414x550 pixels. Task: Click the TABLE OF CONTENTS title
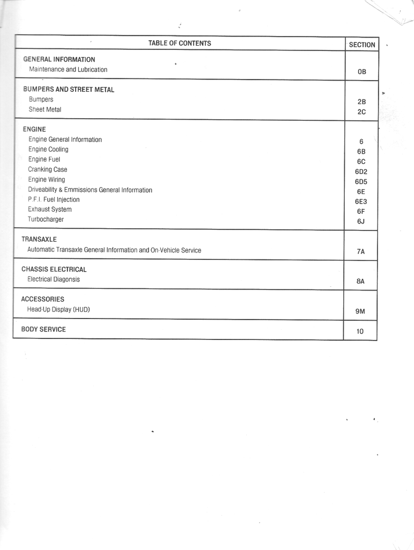click(x=180, y=44)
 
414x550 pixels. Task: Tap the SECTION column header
click(x=362, y=45)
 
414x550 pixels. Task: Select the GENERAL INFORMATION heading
click(x=60, y=60)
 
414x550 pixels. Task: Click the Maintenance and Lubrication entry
click(x=68, y=70)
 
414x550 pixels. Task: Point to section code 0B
click(x=361, y=71)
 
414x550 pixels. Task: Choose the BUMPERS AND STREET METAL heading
click(x=69, y=90)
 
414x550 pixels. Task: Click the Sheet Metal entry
click(x=45, y=110)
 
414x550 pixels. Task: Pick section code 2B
click(x=361, y=101)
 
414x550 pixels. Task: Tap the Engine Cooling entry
click(x=48, y=149)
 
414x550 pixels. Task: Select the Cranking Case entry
click(x=48, y=170)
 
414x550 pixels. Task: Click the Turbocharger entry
click(x=46, y=220)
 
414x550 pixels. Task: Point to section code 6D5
click(x=361, y=182)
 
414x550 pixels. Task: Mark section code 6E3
click(x=361, y=201)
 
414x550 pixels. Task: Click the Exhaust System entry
click(x=50, y=209)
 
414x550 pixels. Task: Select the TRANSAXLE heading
click(x=39, y=240)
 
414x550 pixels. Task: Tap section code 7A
click(x=360, y=251)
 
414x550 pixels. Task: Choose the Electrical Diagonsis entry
click(x=54, y=280)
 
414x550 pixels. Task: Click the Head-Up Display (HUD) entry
click(x=58, y=310)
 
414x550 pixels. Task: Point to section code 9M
click(x=360, y=312)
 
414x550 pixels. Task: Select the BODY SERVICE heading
click(x=43, y=330)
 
